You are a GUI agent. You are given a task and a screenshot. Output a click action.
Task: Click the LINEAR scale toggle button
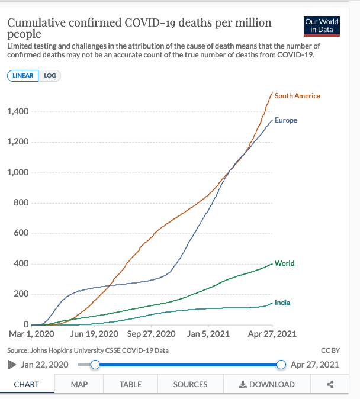point(23,76)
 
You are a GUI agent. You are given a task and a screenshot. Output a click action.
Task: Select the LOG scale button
point(50,76)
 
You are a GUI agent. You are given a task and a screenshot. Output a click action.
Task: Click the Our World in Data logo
point(322,25)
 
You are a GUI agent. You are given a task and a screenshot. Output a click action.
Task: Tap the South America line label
point(297,96)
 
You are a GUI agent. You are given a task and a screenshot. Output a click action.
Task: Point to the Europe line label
point(286,120)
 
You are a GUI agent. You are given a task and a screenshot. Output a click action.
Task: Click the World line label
point(284,263)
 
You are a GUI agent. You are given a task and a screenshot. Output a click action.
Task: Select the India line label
point(282,303)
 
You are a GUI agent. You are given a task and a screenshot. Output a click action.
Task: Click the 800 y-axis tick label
point(22,203)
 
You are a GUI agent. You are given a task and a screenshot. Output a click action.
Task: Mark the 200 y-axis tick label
point(22,294)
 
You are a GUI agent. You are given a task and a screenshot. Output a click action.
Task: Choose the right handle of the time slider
point(281,365)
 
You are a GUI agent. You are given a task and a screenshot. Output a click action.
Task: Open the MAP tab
point(79,384)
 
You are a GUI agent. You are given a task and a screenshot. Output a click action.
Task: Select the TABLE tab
point(130,384)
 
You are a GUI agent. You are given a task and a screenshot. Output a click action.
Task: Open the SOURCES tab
point(190,384)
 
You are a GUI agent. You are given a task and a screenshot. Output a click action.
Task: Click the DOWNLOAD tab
point(266,384)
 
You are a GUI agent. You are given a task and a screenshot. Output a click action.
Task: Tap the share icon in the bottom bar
point(330,384)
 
